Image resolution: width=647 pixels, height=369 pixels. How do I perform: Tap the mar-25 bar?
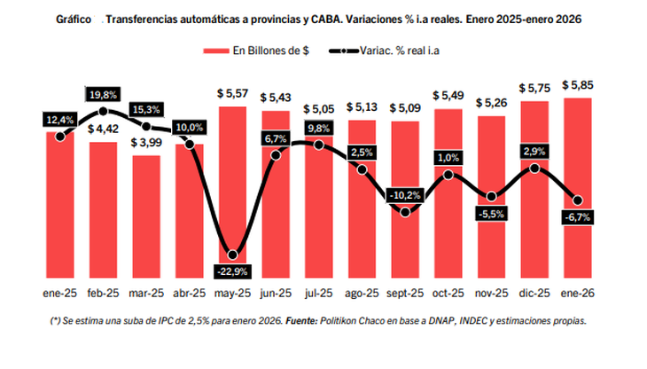pyautogui.click(x=146, y=217)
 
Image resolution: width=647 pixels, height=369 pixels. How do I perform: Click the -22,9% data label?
pyautogui.click(x=232, y=270)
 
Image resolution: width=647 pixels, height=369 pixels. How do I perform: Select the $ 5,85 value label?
pyautogui.click(x=577, y=85)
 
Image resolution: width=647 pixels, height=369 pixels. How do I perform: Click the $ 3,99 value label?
pyautogui.click(x=146, y=143)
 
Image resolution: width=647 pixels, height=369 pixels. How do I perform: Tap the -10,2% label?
pyautogui.click(x=405, y=194)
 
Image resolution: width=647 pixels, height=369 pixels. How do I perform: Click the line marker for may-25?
pyautogui.click(x=232, y=254)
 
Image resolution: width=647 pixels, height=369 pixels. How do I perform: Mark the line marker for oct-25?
pyautogui.click(x=448, y=175)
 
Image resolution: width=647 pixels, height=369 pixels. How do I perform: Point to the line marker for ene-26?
pyautogui.click(x=578, y=200)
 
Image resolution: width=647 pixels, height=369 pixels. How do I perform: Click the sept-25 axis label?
pyautogui.click(x=405, y=293)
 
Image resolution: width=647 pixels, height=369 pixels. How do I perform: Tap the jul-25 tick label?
pyautogui.click(x=318, y=293)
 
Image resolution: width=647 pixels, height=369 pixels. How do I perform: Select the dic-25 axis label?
pyautogui.click(x=534, y=293)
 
